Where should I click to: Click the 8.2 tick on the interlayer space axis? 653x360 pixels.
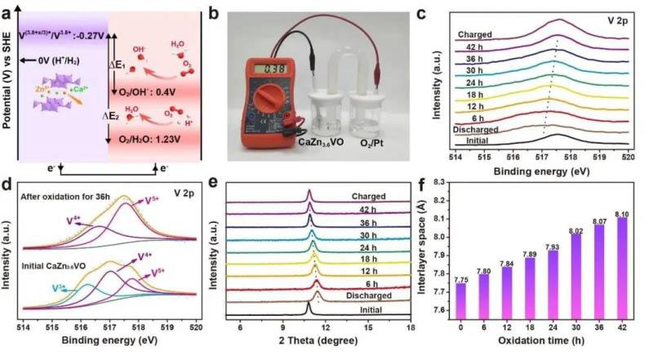click(x=449, y=200)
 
